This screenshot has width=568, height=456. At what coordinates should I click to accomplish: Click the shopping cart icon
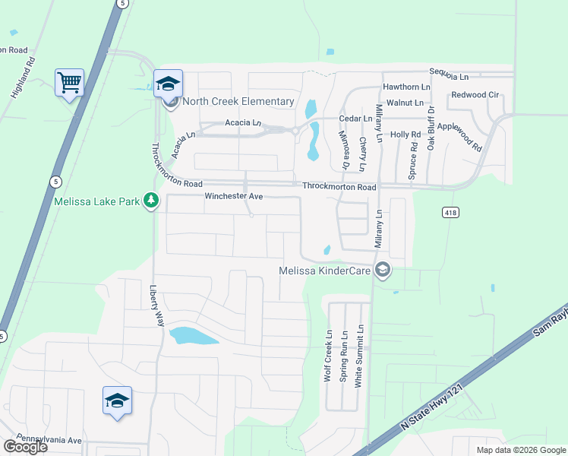click(x=69, y=81)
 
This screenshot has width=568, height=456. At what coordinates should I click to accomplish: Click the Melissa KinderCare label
click(x=327, y=270)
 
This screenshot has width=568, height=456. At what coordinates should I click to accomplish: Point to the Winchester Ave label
click(x=233, y=197)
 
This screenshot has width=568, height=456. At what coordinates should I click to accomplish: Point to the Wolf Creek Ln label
click(x=329, y=356)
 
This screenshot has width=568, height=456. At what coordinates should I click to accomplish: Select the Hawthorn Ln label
click(x=406, y=87)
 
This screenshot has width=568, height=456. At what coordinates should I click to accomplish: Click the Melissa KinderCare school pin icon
click(x=383, y=270)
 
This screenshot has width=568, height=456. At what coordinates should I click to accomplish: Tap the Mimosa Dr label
click(x=343, y=149)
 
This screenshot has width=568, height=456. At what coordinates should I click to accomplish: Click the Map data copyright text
click(x=520, y=450)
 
